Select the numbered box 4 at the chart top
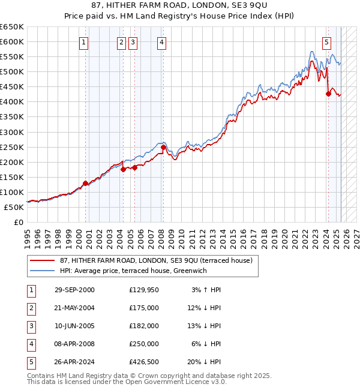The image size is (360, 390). tap(162, 42)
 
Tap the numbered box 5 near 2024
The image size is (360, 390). tap(326, 42)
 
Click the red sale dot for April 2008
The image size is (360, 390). tap(163, 147)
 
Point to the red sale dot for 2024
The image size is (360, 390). tap(328, 94)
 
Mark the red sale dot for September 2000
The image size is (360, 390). tap(85, 183)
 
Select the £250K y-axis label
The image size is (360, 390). tap(12, 147)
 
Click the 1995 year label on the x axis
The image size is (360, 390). tap(28, 235)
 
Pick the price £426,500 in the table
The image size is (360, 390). tap(144, 362)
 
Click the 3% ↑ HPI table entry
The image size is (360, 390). tap(206, 290)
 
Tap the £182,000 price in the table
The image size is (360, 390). tap(144, 326)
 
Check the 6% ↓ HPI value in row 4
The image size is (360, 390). tap(206, 344)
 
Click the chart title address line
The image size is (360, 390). tap(180, 7)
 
